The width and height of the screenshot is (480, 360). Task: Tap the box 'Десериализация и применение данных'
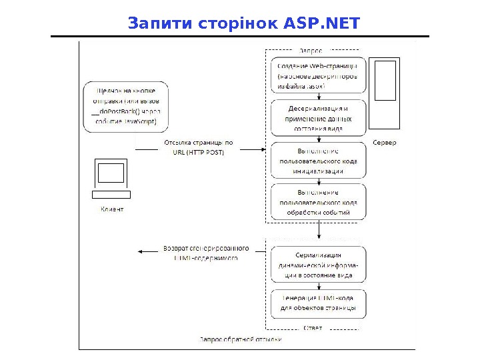[318, 119]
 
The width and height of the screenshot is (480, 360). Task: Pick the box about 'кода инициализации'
[318, 161]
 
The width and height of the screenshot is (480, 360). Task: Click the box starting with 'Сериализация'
[318, 265]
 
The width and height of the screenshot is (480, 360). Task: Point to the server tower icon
[385, 93]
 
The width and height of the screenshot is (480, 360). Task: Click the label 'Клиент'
[111, 209]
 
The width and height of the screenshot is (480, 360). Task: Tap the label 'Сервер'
[385, 143]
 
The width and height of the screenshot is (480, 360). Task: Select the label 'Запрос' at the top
[310, 51]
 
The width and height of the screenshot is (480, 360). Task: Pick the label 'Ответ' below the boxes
[313, 327]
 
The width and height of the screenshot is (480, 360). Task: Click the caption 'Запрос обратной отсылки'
[241, 340]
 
